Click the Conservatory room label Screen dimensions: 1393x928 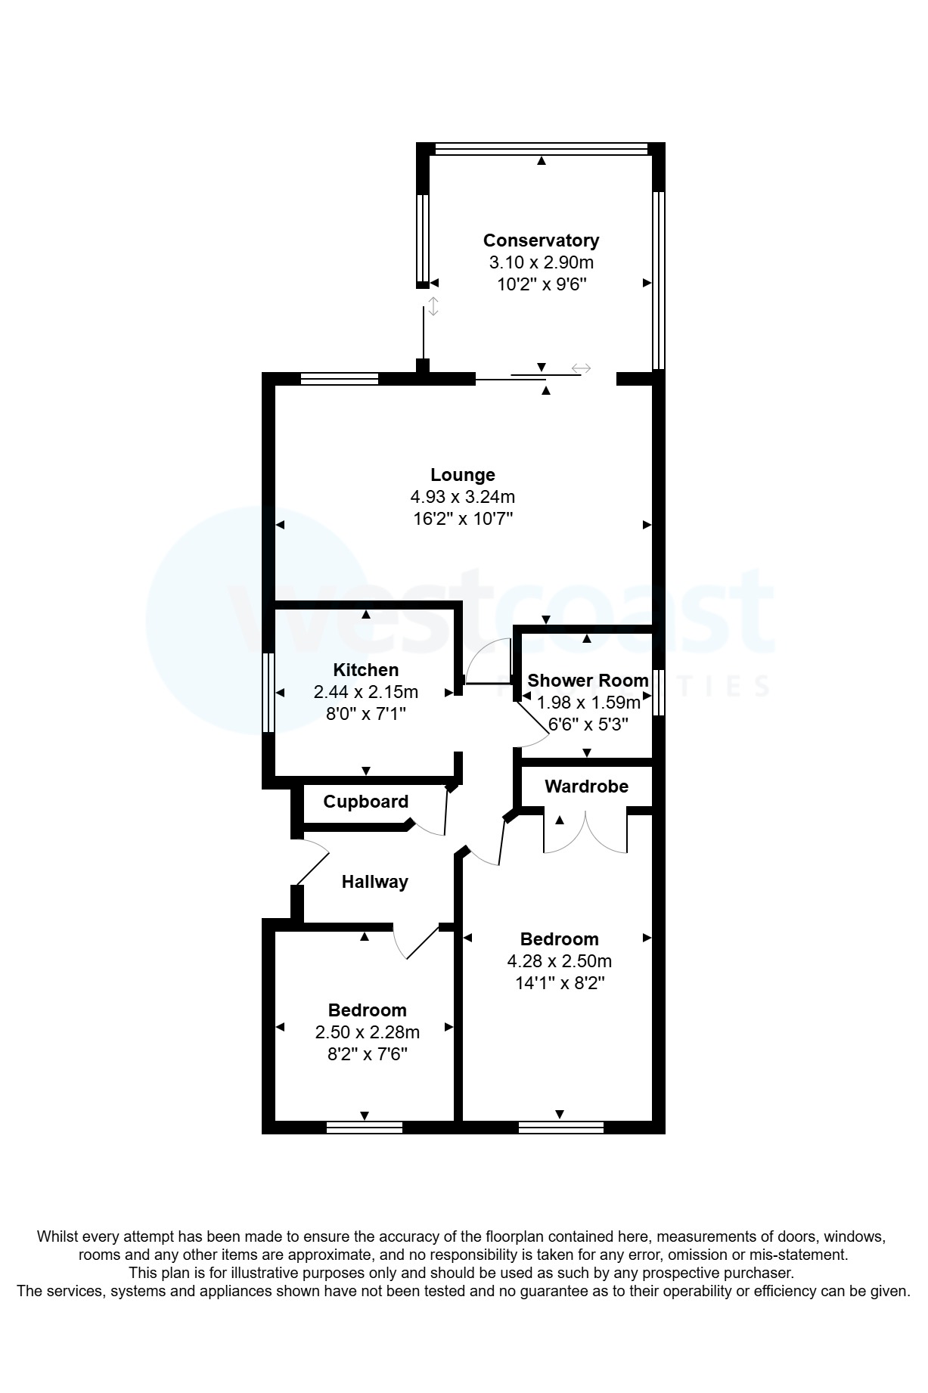coord(541,240)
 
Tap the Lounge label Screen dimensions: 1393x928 coord(463,475)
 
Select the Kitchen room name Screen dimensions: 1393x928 coord(366,670)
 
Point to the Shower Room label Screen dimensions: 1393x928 coord(588,680)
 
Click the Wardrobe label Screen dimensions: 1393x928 coord(586,786)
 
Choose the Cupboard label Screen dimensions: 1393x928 coord(365,802)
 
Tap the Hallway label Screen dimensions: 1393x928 coord(374,882)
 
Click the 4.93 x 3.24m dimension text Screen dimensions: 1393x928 coord(463,497)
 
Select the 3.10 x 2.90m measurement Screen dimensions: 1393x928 coord(541,263)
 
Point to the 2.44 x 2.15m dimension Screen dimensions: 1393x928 coord(366,692)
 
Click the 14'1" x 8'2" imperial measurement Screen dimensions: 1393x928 coord(559,983)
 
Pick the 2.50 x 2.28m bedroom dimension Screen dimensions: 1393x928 coord(368,1032)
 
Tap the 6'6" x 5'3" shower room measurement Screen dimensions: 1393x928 coord(588,724)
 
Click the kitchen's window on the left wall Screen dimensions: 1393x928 coord(268,693)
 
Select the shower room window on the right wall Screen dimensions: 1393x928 coord(659,692)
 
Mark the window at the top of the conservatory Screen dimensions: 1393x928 coord(542,149)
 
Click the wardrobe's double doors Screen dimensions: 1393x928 coord(585,832)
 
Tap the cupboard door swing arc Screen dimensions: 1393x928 coord(431,824)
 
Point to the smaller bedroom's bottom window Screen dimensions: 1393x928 coord(365,1128)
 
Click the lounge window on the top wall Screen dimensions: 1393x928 coord(339,379)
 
